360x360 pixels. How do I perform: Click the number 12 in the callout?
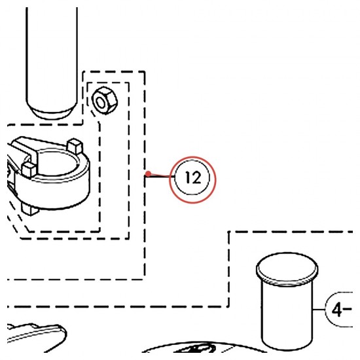coord(193,177)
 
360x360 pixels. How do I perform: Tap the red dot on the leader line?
coord(149,173)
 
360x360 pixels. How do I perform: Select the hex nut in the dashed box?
coord(105,101)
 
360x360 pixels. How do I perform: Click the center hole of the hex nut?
coord(100,102)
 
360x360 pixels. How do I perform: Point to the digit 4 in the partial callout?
coord(337,310)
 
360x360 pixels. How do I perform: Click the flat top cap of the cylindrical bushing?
coord(287,268)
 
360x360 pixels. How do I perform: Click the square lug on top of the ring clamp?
coord(75,146)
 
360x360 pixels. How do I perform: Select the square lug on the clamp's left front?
coord(29,170)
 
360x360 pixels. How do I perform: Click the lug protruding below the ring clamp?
coord(30,209)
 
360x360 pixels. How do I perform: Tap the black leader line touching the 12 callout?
coord(160,176)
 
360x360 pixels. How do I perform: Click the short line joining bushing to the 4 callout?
coord(319,310)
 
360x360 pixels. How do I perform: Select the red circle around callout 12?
coord(192,156)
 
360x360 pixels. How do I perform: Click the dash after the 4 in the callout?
coord(348,309)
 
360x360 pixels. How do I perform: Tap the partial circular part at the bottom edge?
coord(204,347)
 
